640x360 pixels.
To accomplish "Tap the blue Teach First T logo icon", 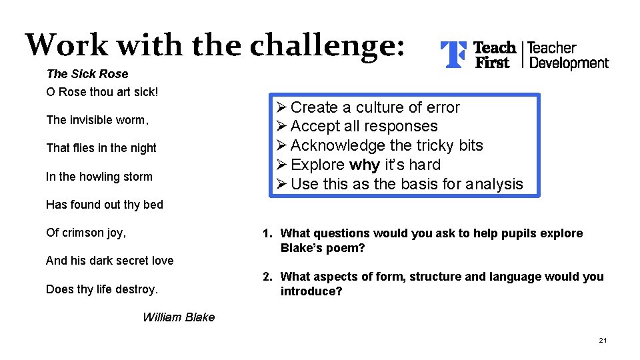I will click(x=453, y=55).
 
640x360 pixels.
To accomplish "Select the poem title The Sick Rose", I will click(x=87, y=74).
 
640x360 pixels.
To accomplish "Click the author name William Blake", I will click(x=179, y=317).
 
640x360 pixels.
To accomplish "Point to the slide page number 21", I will click(x=603, y=341).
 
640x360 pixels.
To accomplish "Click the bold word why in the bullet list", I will click(x=365, y=165).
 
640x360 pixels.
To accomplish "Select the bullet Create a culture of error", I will click(x=375, y=107).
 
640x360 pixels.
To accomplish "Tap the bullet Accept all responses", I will click(x=364, y=126).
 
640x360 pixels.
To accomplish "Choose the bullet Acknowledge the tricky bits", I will click(x=387, y=145).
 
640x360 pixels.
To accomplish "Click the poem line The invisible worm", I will click(x=97, y=120).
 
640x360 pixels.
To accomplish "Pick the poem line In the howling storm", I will click(x=99, y=177).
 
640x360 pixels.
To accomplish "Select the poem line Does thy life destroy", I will click(x=102, y=289).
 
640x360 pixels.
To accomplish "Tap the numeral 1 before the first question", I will click(x=266, y=233).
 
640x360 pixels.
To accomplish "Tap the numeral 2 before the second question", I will click(x=266, y=277).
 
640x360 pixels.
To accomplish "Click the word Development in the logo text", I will click(x=568, y=63).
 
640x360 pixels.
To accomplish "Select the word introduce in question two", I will click(x=311, y=292).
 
